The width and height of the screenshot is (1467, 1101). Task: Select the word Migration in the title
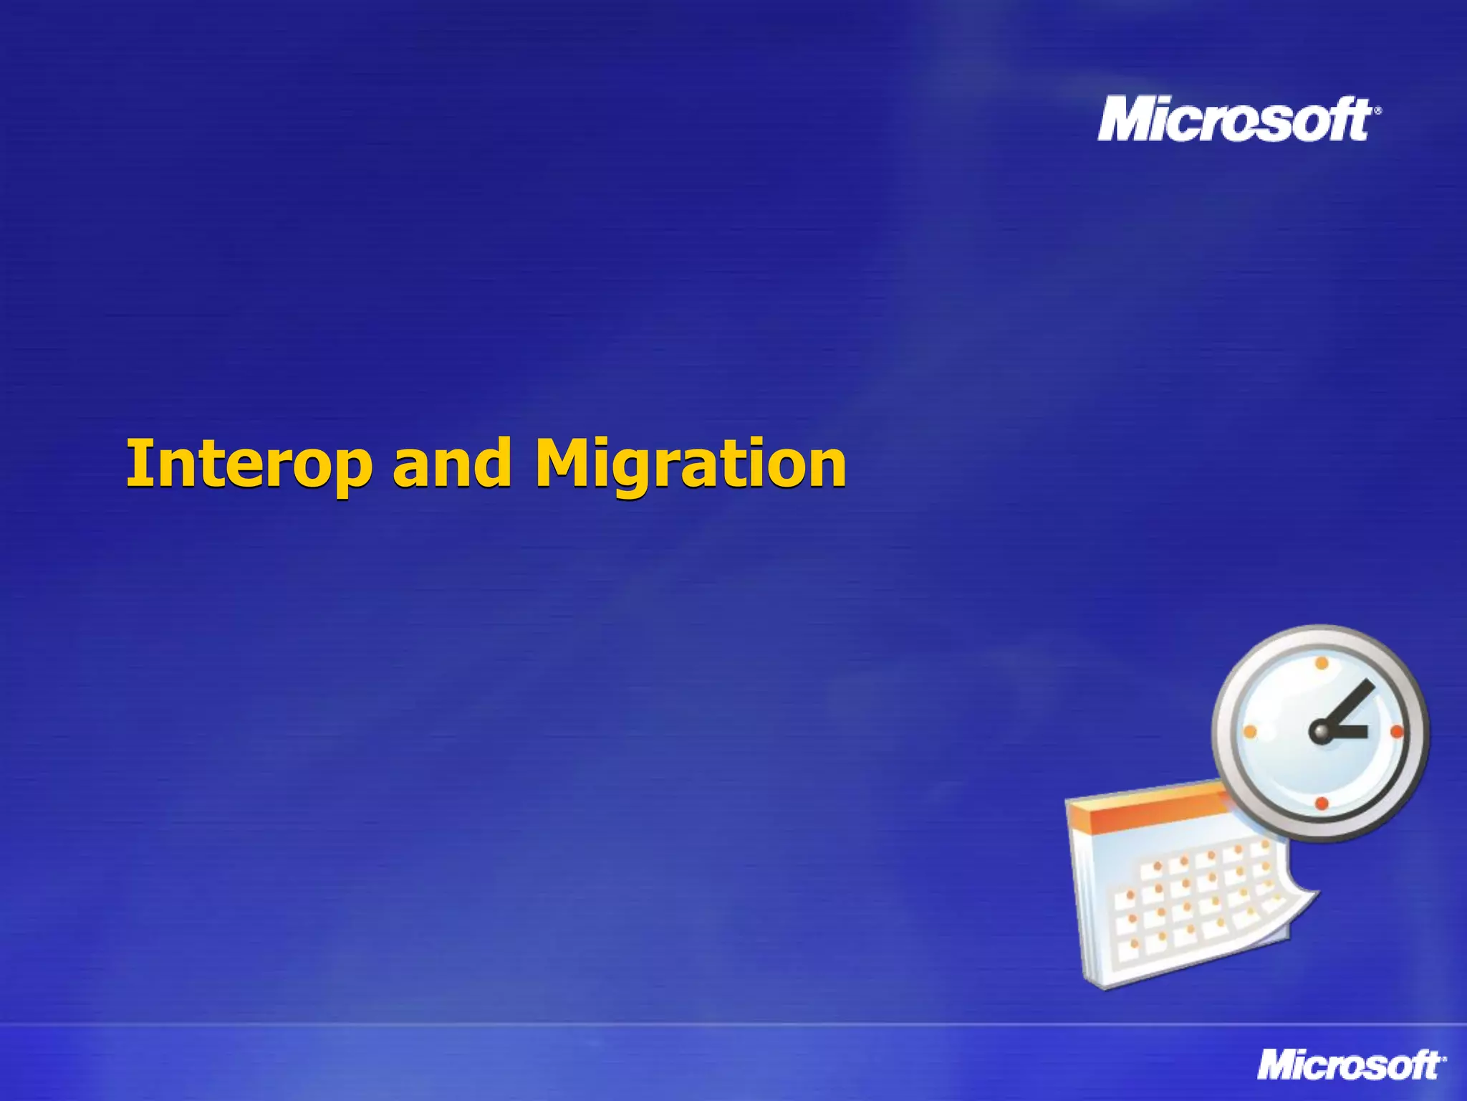[x=691, y=464]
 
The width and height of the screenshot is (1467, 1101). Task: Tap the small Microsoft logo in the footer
[x=1350, y=1064]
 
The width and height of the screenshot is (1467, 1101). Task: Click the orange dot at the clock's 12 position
[x=1322, y=663]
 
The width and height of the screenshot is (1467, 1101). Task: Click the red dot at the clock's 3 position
[x=1396, y=732]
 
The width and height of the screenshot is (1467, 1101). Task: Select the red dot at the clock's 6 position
[x=1322, y=804]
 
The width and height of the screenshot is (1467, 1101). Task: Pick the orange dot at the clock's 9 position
[x=1250, y=732]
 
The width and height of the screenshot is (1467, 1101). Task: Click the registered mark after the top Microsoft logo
[x=1377, y=111]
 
